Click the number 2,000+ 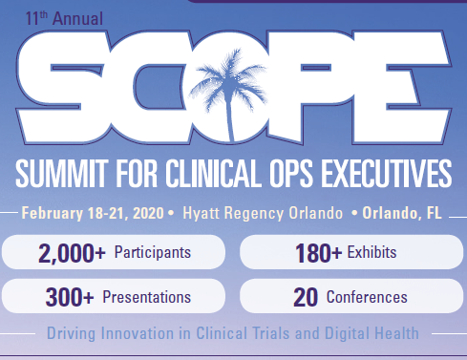tap(72, 253)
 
